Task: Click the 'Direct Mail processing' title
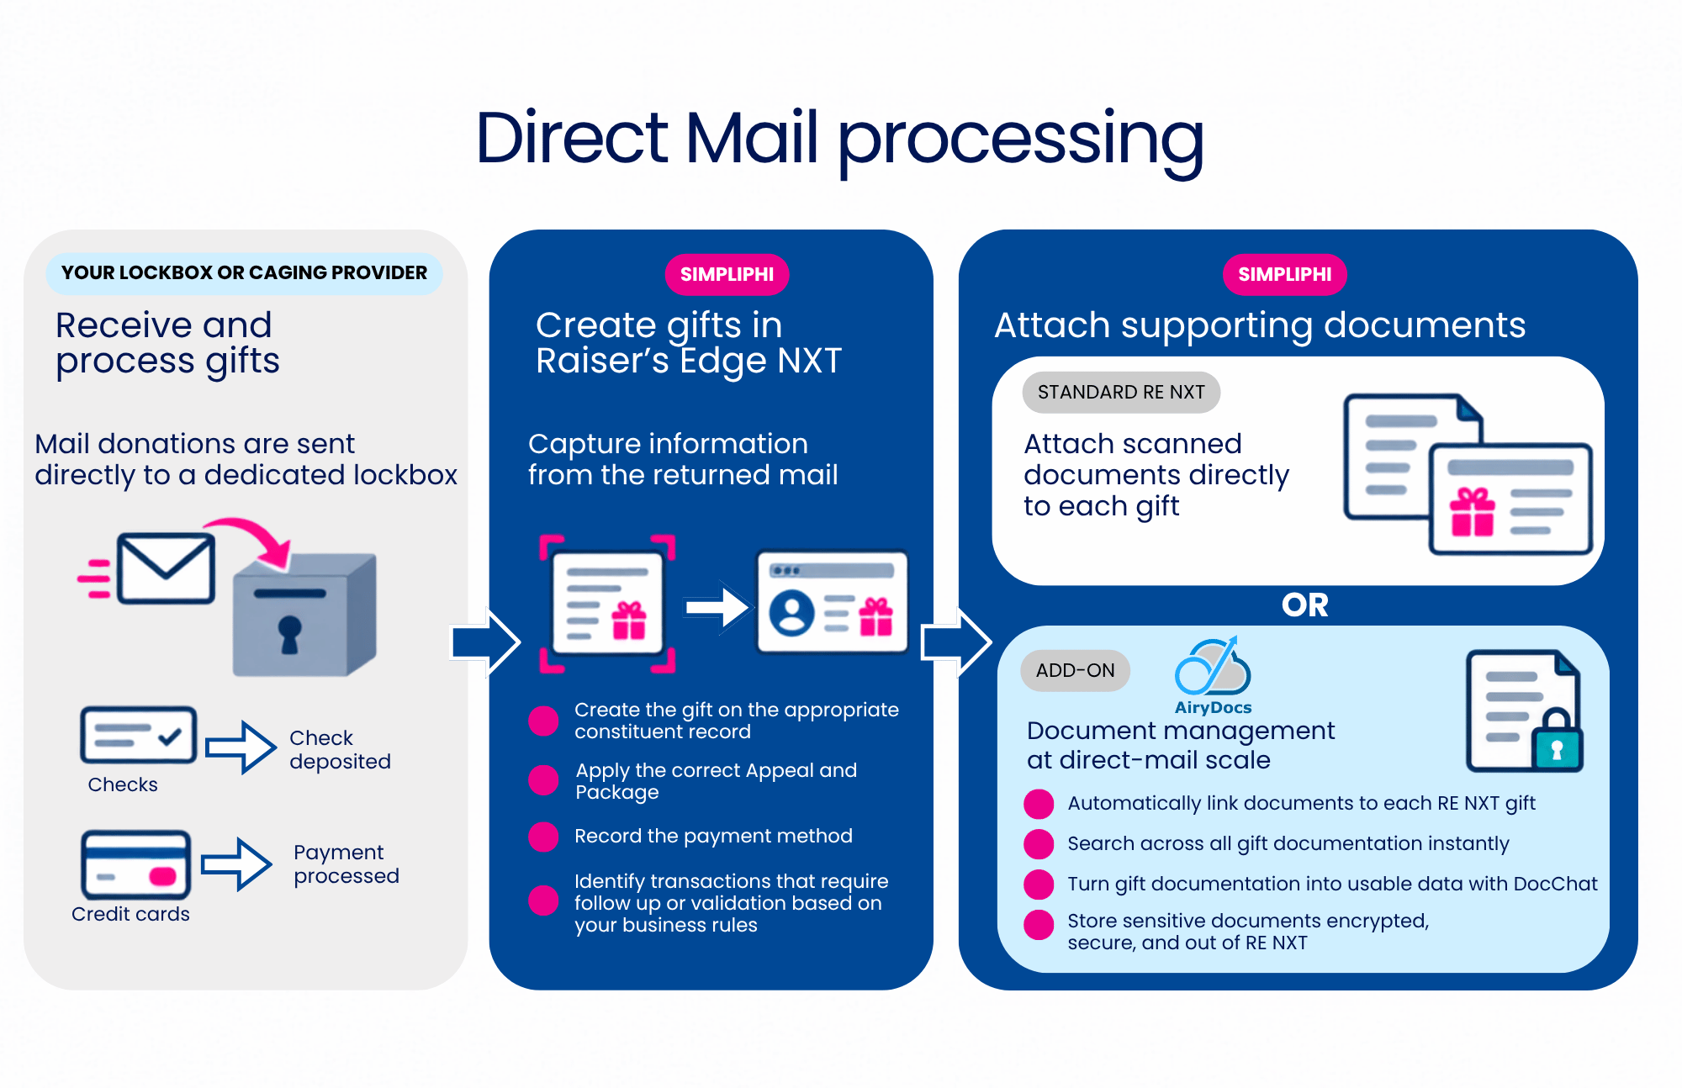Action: point(839,139)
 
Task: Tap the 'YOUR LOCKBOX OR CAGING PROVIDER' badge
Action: point(244,273)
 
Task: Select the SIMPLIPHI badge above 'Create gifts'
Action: point(727,274)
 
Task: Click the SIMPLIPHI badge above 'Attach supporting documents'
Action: point(1284,274)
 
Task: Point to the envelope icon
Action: point(166,568)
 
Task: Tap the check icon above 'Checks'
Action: point(139,735)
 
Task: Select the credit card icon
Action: point(135,865)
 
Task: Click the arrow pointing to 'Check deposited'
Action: point(241,747)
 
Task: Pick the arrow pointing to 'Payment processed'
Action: point(237,864)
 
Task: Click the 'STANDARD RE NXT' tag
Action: point(1121,392)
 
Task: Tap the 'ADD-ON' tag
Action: point(1075,670)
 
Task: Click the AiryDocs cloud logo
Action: point(1213,668)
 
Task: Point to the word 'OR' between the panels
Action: point(1304,605)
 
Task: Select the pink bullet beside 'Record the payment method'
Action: point(543,837)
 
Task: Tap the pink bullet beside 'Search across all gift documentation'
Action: point(1039,843)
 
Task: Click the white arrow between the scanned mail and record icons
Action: point(717,606)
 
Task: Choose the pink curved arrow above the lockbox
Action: point(252,539)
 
